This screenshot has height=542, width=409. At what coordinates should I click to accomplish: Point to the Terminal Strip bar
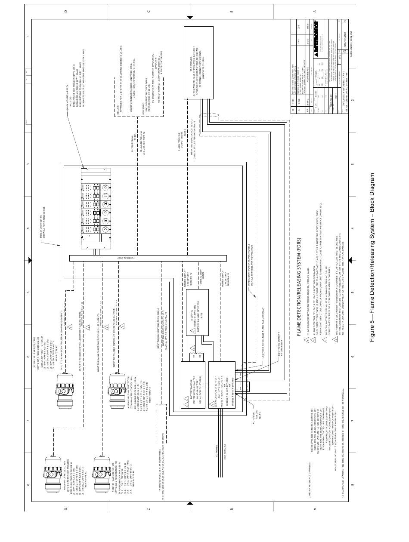tap(148, 258)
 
